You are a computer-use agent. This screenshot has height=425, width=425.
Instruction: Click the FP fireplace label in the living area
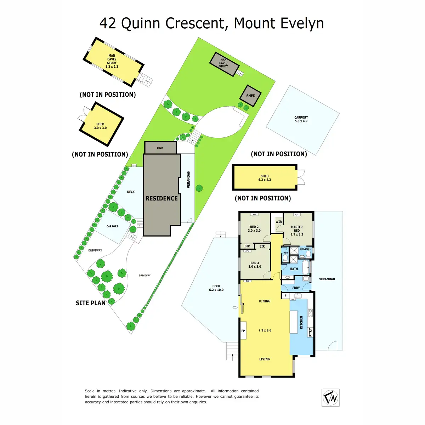243,331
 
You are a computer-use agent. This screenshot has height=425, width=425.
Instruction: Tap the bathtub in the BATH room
305,267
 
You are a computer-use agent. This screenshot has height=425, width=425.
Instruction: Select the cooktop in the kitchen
311,313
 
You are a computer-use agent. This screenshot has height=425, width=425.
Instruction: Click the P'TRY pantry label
310,332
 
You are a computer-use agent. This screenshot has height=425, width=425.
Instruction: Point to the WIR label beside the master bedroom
279,222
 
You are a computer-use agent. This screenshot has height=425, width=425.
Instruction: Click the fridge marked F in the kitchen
285,296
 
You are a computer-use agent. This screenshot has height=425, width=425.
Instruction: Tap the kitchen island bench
294,322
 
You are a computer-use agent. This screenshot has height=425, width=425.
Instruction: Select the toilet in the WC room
285,259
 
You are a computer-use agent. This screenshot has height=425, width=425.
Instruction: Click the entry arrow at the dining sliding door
235,307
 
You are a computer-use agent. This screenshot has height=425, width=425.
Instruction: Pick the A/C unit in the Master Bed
297,215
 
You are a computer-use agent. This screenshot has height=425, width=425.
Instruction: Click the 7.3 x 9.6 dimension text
265,330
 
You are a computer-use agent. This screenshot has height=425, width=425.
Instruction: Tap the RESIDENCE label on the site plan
161,198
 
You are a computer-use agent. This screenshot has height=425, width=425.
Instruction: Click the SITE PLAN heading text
91,303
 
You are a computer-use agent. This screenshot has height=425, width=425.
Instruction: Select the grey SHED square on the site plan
251,96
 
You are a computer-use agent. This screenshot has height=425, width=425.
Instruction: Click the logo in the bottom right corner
330,397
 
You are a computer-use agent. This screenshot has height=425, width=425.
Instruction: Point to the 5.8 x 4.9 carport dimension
301,121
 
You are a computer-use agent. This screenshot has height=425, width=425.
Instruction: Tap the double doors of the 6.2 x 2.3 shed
301,177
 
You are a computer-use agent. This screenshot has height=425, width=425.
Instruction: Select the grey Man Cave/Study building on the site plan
223,64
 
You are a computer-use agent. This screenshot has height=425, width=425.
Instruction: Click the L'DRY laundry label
295,288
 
